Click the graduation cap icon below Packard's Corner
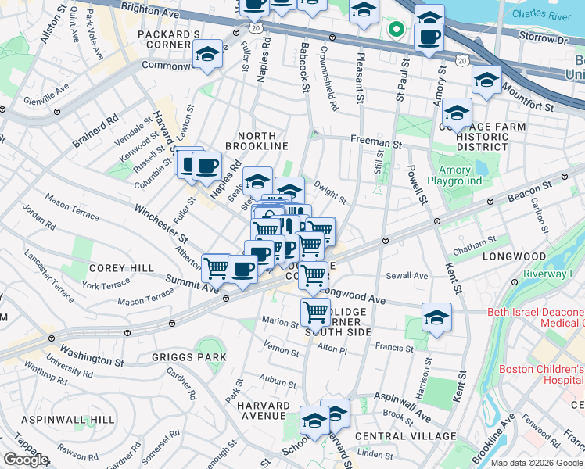tap(206, 55)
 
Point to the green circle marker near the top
tap(397, 30)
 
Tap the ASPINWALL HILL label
tap(57, 420)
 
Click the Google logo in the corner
tap(26, 460)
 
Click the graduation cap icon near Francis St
tap(436, 317)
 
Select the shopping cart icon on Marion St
tap(315, 312)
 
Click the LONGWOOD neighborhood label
tap(514, 256)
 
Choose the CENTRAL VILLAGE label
tap(405, 435)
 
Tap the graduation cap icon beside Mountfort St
tap(486, 80)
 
